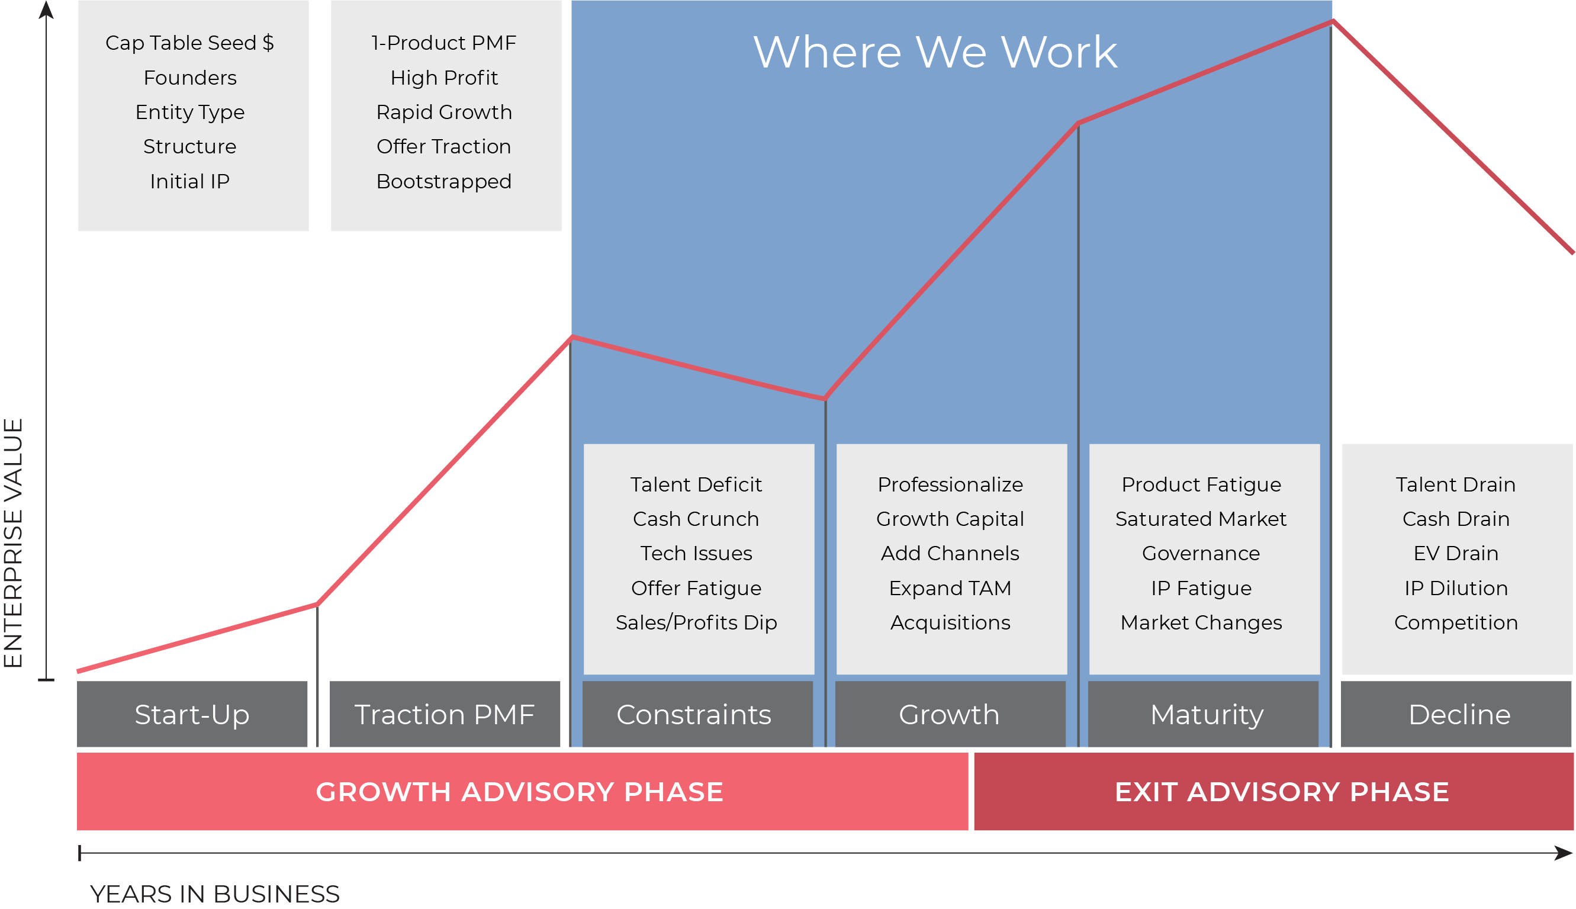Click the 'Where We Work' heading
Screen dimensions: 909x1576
pyautogui.click(x=935, y=52)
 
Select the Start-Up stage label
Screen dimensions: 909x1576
pyautogui.click(x=192, y=714)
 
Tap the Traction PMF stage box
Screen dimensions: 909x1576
pyautogui.click(x=445, y=714)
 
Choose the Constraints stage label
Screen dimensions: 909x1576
pyautogui.click(x=694, y=714)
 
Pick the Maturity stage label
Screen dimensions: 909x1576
pyautogui.click(x=1207, y=714)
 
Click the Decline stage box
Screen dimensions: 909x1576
pyautogui.click(x=1459, y=714)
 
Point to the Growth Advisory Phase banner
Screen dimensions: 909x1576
pyautogui.click(x=519, y=792)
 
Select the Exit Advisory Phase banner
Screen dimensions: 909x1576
pyautogui.click(x=1281, y=792)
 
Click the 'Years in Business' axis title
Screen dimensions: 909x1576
pyautogui.click(x=215, y=894)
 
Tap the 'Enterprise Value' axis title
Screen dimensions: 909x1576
pyautogui.click(x=14, y=543)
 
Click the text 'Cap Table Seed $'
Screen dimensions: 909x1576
pyautogui.click(x=189, y=43)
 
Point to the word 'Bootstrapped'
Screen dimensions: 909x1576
pyautogui.click(x=444, y=181)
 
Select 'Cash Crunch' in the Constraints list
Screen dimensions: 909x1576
pyautogui.click(x=696, y=519)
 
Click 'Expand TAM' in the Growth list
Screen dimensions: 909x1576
pyautogui.click(x=950, y=588)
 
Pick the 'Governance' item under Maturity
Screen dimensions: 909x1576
pyautogui.click(x=1201, y=553)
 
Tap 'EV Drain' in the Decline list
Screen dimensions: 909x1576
pyautogui.click(x=1456, y=553)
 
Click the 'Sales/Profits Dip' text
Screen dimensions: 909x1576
pyautogui.click(x=696, y=622)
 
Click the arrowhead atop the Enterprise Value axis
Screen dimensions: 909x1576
pyautogui.click(x=46, y=9)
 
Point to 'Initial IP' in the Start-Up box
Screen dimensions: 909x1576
pyautogui.click(x=189, y=181)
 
